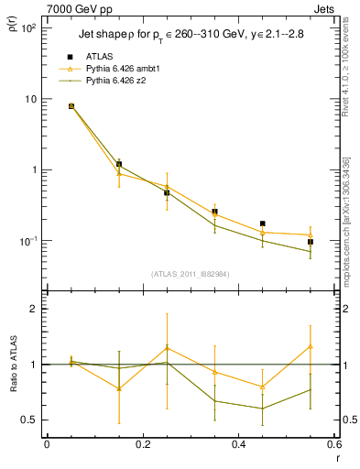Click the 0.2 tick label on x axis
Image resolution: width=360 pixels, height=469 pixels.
142,445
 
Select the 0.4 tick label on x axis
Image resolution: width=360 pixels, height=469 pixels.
238,445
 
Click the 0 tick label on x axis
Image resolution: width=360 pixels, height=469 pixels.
47,445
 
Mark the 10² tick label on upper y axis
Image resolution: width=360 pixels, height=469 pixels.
27,28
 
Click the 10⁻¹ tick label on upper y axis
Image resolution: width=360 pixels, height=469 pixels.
27,241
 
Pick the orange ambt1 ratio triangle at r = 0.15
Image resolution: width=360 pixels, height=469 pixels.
118,388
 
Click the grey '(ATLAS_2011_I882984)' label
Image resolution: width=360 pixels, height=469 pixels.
189,273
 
